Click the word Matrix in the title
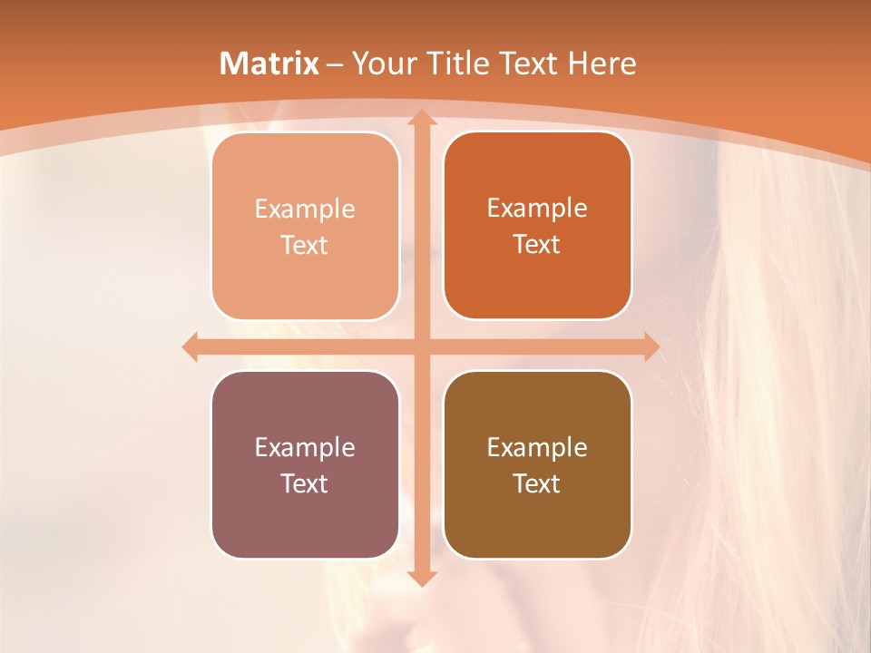pos(269,63)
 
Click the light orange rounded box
pos(305,226)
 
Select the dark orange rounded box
pos(537,226)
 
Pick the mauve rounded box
pos(305,464)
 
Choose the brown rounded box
pos(537,464)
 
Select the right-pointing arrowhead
pos(650,346)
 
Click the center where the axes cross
pos(421,346)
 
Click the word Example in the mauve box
pos(305,447)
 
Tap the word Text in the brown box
pos(537,483)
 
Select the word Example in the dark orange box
pos(537,209)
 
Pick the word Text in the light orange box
pos(305,245)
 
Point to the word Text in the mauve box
pos(305,483)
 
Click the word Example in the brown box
pos(537,447)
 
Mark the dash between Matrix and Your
pos(335,64)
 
